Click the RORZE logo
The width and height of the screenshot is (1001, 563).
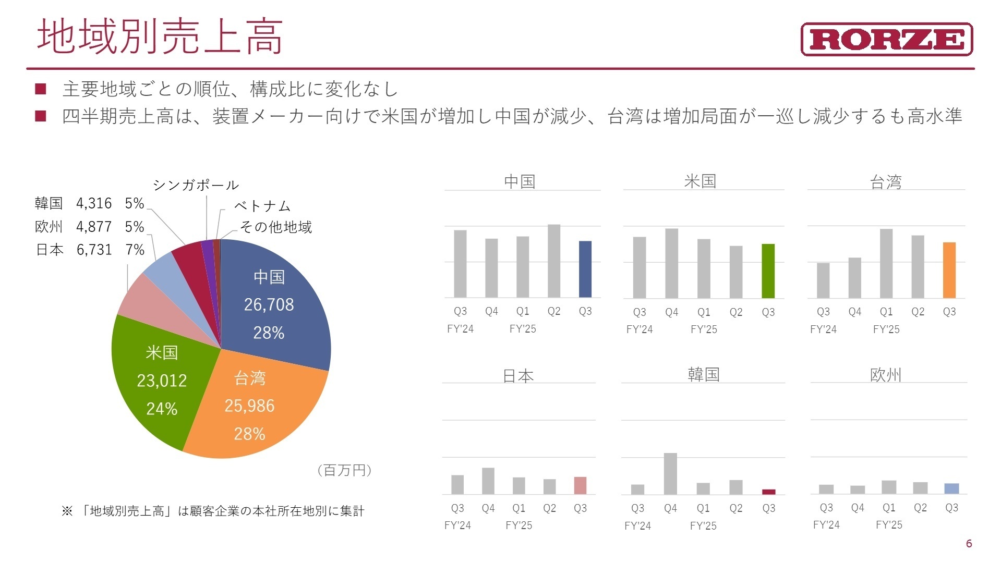[886, 39]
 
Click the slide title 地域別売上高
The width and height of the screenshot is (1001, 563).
[160, 36]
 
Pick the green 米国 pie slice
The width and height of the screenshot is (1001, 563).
[156, 386]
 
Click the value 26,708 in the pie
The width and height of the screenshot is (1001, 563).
[269, 304]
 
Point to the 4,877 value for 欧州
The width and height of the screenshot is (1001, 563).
[94, 227]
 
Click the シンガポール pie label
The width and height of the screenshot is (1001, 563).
[196, 185]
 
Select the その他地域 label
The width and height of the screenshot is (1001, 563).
[275, 227]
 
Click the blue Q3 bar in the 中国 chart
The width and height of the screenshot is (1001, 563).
[585, 269]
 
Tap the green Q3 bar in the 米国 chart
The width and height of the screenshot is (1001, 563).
[768, 271]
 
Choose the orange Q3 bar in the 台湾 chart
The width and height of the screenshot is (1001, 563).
[949, 270]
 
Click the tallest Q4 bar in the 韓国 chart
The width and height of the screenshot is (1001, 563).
[670, 473]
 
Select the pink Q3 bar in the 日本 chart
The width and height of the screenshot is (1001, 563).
[580, 485]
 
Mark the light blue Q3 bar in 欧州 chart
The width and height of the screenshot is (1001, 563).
[951, 488]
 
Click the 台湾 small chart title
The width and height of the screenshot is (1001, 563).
[886, 182]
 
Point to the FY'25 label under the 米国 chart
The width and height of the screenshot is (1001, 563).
[704, 329]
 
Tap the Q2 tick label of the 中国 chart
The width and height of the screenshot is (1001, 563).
[554, 311]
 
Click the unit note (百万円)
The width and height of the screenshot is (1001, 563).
[344, 470]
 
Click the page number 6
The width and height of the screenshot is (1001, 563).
[969, 544]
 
